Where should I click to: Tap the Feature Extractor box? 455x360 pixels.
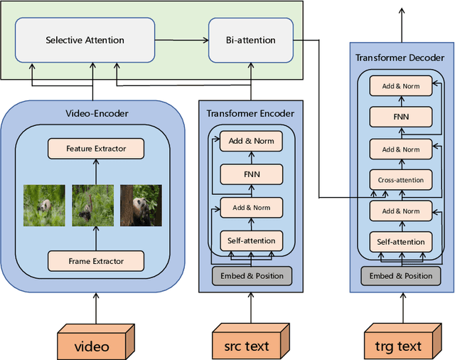pyautogui.click(x=96, y=149)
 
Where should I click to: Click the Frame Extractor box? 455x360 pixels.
pyautogui.click(x=96, y=261)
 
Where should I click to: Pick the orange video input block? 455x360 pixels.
pyautogui.click(x=95, y=342)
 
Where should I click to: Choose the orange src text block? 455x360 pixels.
pyautogui.click(x=250, y=342)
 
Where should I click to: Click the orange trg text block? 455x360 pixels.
pyautogui.click(x=401, y=342)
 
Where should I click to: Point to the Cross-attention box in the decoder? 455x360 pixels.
pyautogui.click(x=400, y=180)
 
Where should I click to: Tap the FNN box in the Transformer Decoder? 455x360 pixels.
pyautogui.click(x=400, y=117)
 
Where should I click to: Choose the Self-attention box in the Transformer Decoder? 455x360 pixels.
pyautogui.click(x=400, y=242)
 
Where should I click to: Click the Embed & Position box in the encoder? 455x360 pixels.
pyautogui.click(x=252, y=275)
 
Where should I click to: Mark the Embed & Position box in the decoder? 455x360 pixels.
pyautogui.click(x=400, y=275)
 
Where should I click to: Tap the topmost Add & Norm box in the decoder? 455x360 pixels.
pyautogui.click(x=400, y=86)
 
